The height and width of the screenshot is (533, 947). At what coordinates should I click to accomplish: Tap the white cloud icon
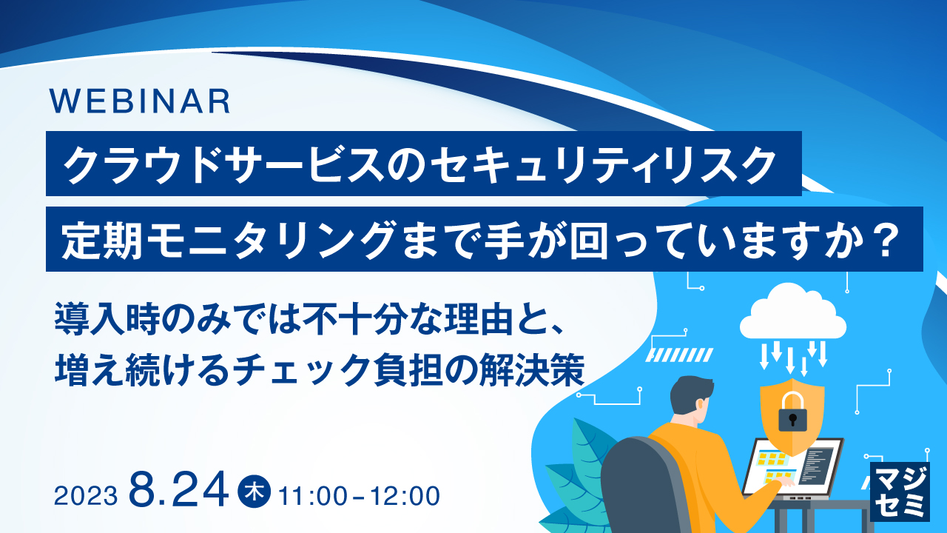point(792,313)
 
